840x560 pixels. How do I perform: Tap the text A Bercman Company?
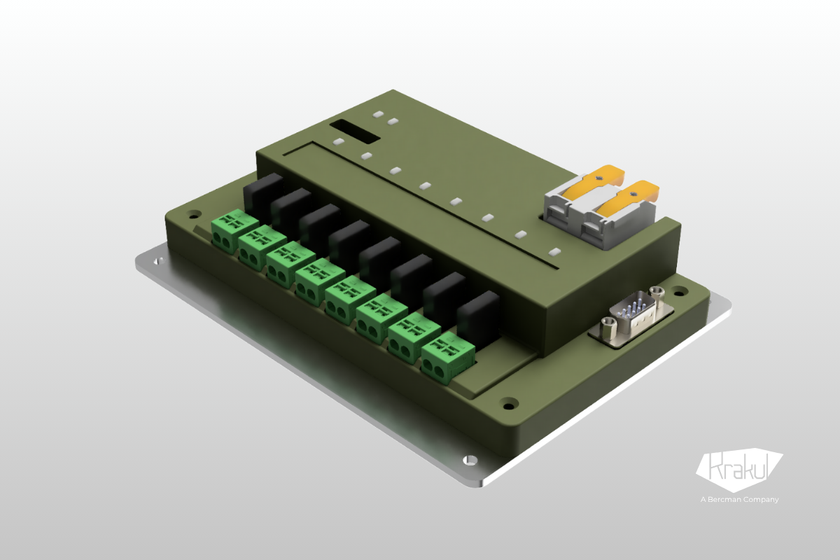point(739,499)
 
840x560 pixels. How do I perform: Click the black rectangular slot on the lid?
point(356,130)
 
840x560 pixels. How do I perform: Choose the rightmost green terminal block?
point(442,357)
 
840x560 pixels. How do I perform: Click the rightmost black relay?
point(479,316)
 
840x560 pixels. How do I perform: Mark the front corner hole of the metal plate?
point(471,460)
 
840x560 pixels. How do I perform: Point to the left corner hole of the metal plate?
point(158,261)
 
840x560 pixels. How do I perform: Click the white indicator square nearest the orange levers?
point(554,251)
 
